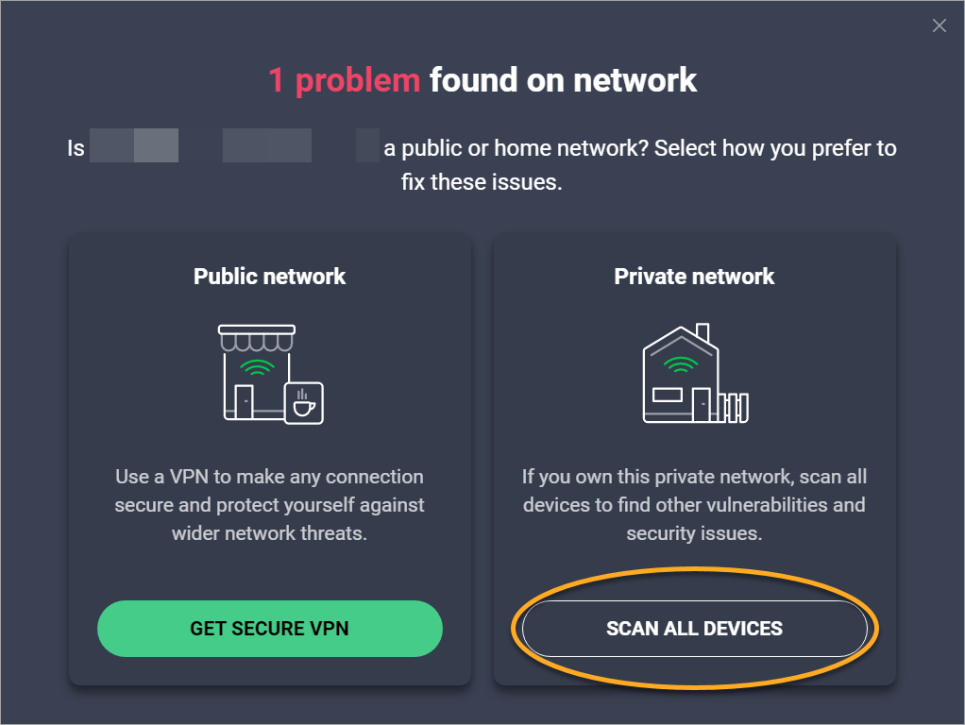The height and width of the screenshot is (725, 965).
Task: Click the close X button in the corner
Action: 939,26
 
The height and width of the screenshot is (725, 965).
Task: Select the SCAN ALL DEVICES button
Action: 694,629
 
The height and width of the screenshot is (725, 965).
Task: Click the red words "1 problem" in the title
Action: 344,80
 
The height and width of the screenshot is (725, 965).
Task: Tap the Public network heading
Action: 270,277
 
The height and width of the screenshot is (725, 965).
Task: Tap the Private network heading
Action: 694,277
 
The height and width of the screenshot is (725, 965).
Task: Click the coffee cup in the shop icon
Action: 304,403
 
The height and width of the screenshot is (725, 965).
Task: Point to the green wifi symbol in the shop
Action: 257,365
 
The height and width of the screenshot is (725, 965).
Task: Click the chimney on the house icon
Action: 702,334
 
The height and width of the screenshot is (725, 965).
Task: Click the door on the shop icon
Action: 244,401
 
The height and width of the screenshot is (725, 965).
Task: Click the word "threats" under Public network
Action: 332,533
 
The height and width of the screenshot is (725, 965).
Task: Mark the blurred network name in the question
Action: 234,148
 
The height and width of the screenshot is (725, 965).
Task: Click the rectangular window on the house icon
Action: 669,395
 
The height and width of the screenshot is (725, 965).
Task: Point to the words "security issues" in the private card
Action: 694,533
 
